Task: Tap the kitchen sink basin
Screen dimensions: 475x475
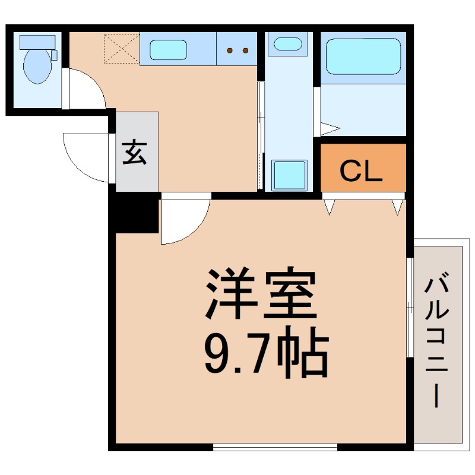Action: (x=169, y=49)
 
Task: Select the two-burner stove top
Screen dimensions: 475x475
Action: (x=237, y=50)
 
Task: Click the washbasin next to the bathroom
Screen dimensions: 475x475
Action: (x=288, y=44)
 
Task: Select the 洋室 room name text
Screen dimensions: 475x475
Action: (x=260, y=295)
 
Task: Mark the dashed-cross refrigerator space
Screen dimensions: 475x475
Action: (x=121, y=48)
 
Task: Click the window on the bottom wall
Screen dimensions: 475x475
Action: (x=274, y=447)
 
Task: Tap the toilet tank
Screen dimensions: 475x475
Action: (x=37, y=42)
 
